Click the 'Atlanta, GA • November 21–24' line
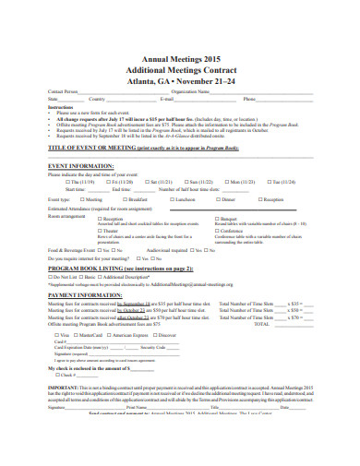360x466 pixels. [180, 80]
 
